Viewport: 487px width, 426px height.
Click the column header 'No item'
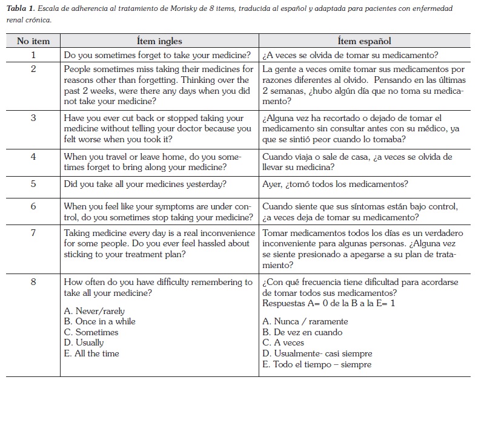pos(33,41)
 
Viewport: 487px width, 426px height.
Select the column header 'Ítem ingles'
pos(159,41)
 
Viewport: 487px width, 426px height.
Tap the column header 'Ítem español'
pos(364,41)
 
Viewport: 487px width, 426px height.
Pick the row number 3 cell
pos(33,118)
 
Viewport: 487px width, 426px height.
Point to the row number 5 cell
pos(33,184)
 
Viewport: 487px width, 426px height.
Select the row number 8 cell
pos(33,282)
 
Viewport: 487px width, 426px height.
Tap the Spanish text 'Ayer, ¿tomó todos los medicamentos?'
pos(335,184)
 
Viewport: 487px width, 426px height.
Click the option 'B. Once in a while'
pos(99,321)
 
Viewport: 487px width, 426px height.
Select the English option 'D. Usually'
pos(84,343)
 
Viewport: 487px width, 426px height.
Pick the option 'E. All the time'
pos(91,353)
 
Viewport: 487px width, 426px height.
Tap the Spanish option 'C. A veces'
pos(283,343)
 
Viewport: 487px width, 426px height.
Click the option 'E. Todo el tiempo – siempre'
pos(317,364)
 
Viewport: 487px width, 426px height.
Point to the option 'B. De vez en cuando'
pos(302,332)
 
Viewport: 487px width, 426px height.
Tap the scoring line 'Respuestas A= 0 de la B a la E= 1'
pos(329,303)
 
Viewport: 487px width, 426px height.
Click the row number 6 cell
pos(33,206)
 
